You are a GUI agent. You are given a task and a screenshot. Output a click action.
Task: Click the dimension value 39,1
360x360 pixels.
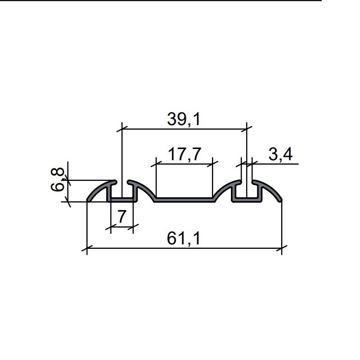pyautogui.click(x=184, y=119)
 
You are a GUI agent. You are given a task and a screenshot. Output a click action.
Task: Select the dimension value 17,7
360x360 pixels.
pyautogui.click(x=184, y=154)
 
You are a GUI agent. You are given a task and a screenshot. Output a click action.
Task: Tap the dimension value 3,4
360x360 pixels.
pyautogui.click(x=280, y=154)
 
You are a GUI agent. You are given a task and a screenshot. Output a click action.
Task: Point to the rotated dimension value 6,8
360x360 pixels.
pyautogui.click(x=57, y=179)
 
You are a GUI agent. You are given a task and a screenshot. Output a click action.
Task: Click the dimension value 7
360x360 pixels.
pyautogui.click(x=122, y=216)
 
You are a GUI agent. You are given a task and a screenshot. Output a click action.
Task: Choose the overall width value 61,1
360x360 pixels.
pyautogui.click(x=184, y=238)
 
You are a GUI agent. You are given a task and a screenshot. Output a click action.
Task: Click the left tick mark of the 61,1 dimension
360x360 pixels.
pyautogui.click(x=87, y=248)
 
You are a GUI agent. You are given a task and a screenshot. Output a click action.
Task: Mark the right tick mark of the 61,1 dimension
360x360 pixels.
pyautogui.click(x=282, y=248)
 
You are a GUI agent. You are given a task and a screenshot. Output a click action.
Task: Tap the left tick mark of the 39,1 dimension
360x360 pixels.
pyautogui.click(x=122, y=129)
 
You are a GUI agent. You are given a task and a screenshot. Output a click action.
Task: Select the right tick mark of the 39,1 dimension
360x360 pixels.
pyautogui.click(x=247, y=129)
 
